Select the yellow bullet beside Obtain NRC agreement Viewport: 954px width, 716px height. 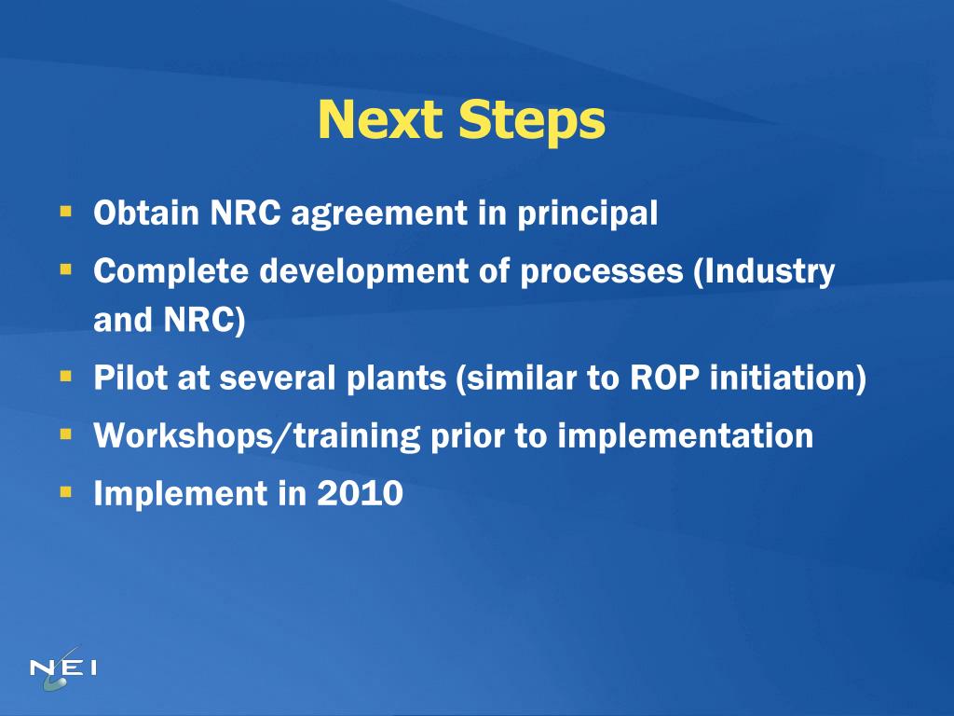tap(66, 212)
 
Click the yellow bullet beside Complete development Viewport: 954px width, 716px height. tap(66, 269)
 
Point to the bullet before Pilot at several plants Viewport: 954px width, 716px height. tap(66, 377)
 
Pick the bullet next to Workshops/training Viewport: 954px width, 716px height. tap(66, 434)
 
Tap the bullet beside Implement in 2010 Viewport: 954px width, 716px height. tap(66, 490)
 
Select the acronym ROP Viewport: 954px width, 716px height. tap(665, 379)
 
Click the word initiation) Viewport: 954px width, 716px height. tap(788, 379)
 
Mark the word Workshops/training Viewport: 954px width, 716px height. tap(256, 436)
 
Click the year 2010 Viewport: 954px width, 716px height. tap(361, 493)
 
